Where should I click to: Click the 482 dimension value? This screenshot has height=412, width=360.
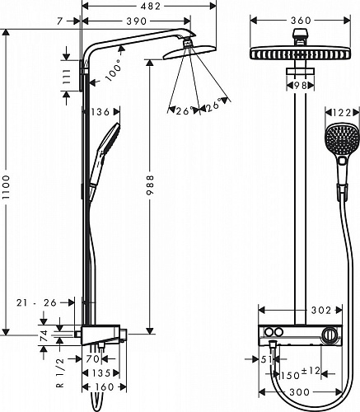[x=150, y=7]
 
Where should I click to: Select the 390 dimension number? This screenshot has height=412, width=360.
[x=137, y=21]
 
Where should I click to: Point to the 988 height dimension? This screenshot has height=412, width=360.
[x=150, y=185]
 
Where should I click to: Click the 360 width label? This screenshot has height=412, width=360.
[x=301, y=21]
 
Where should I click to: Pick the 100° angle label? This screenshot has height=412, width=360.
[x=114, y=70]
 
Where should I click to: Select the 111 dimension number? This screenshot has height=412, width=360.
[x=66, y=76]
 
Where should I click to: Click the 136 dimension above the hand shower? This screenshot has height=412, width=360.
[x=100, y=112]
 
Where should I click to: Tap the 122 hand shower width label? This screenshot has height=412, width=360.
[x=342, y=113]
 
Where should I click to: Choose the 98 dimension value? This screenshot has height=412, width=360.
[x=300, y=86]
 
